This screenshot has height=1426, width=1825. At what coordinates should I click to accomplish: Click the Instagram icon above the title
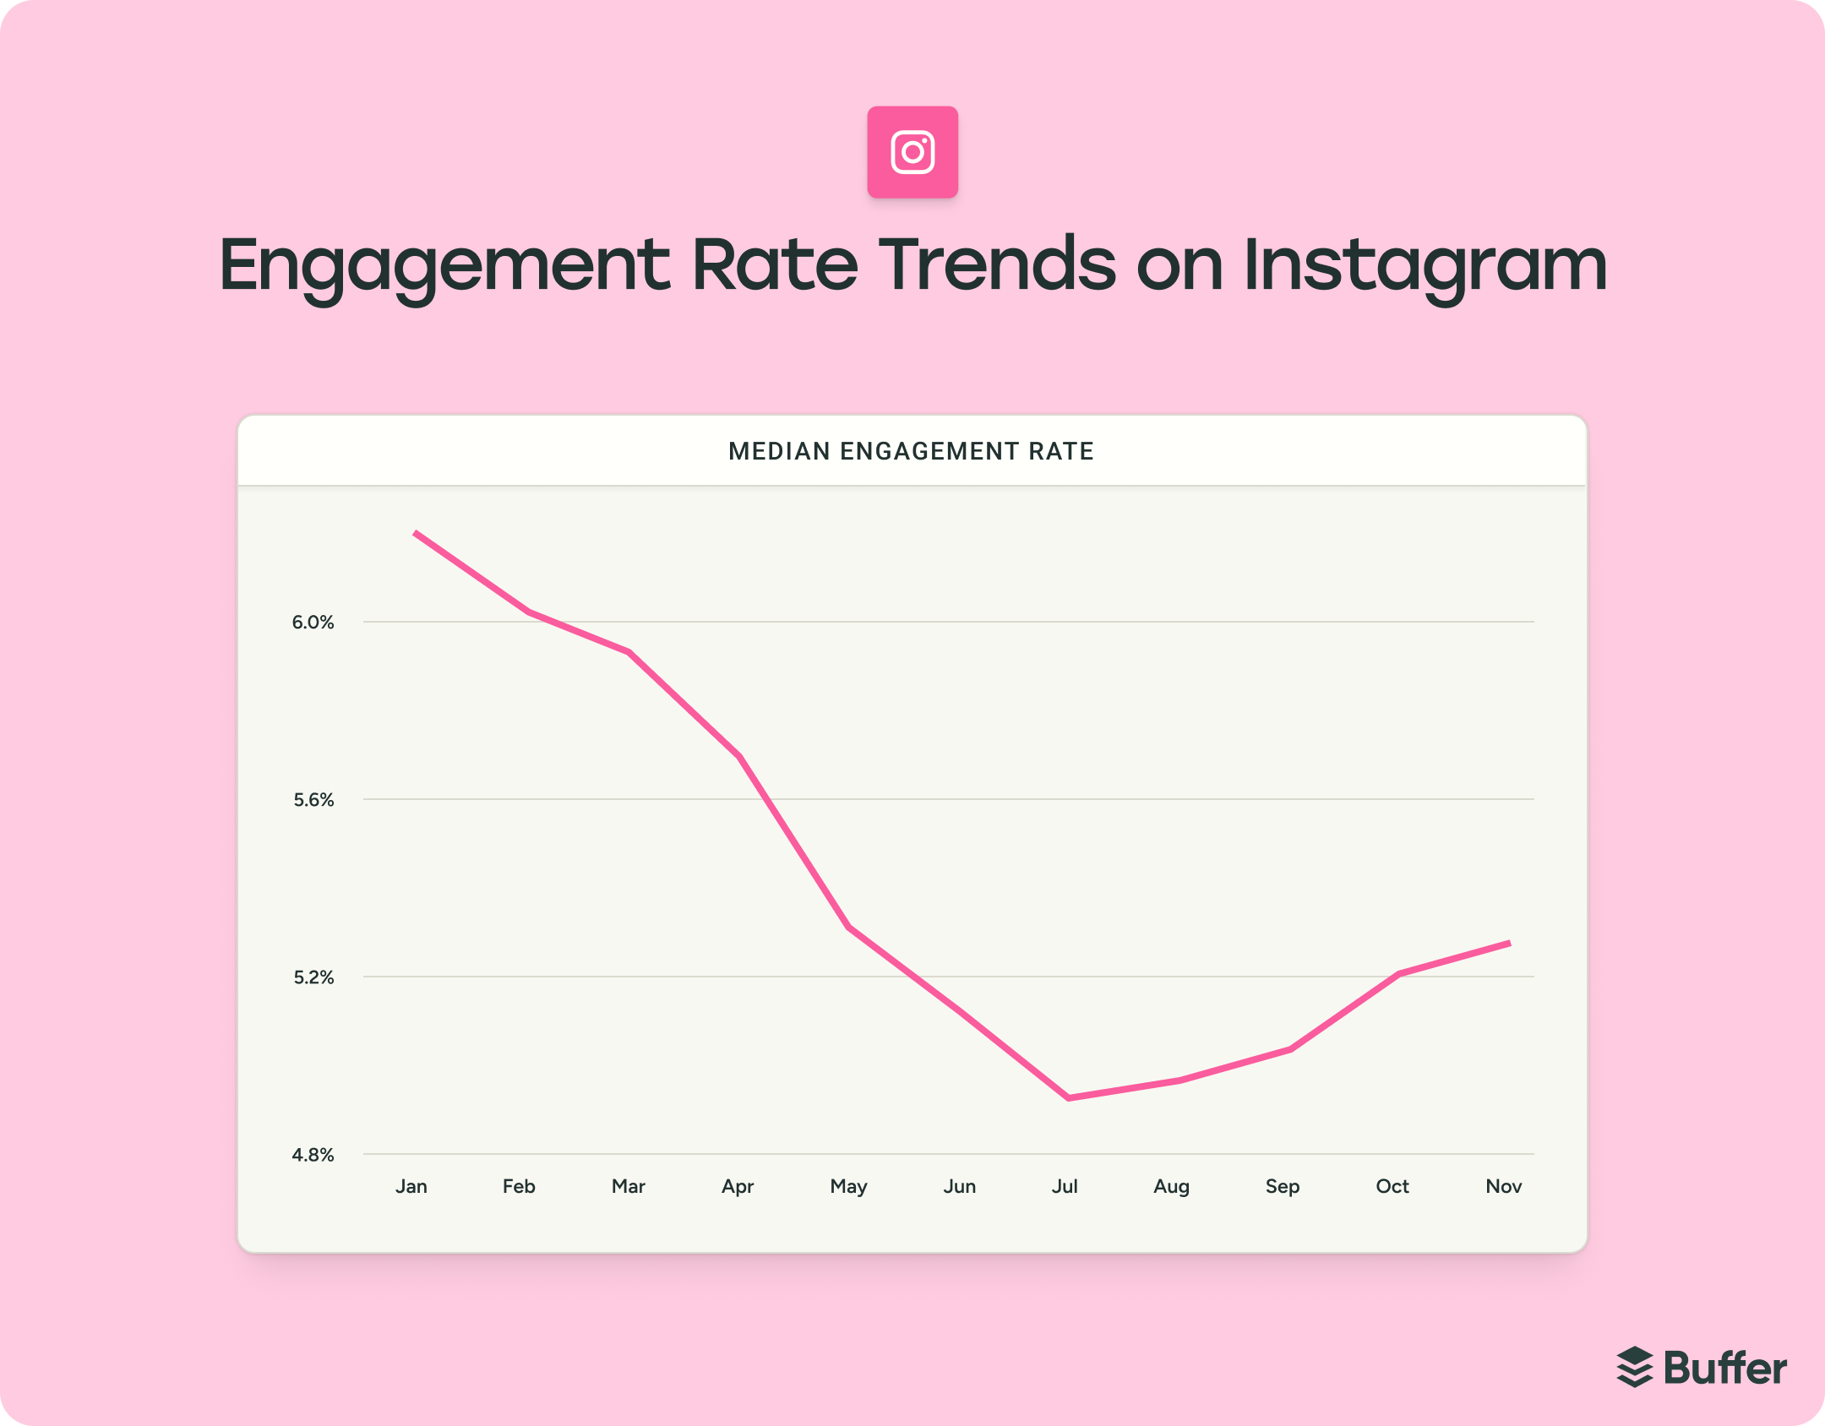pyautogui.click(x=912, y=152)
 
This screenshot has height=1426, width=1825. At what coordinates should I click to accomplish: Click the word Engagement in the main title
pyautogui.click(x=444, y=266)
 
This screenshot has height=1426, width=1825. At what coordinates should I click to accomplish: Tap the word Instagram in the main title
pyautogui.click(x=1425, y=266)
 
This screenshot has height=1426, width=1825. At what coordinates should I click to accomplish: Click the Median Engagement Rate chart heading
pyautogui.click(x=911, y=451)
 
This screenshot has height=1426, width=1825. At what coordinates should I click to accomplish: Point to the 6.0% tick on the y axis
pyautogui.click(x=313, y=623)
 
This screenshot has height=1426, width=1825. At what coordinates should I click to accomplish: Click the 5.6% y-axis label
pyautogui.click(x=313, y=800)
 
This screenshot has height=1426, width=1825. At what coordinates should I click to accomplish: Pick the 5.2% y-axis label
pyautogui.click(x=313, y=977)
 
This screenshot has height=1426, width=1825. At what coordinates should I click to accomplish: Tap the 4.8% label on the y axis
pyautogui.click(x=313, y=1155)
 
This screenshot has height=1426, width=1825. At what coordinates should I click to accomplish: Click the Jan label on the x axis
pyautogui.click(x=411, y=1186)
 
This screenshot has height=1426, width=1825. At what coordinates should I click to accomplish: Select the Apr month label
pyautogui.click(x=738, y=1186)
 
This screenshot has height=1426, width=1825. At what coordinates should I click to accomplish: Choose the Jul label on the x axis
pyautogui.click(x=1065, y=1186)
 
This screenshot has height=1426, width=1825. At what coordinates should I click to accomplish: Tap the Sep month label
pyautogui.click(x=1282, y=1186)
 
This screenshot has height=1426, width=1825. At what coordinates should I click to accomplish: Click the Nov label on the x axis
pyautogui.click(x=1503, y=1186)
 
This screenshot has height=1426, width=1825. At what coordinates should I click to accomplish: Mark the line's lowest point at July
pyautogui.click(x=1069, y=1097)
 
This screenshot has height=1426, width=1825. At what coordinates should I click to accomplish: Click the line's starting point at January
pyautogui.click(x=416, y=533)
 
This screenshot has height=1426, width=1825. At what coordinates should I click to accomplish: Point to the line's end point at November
pyautogui.click(x=1508, y=943)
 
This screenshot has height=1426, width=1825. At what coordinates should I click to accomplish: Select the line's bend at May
pyautogui.click(x=849, y=928)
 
